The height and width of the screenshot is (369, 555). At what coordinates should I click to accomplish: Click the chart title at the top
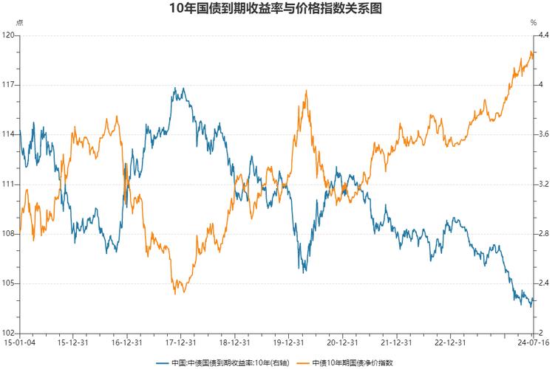click(277, 9)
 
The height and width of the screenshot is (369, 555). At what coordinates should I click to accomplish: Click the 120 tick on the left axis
click(9, 35)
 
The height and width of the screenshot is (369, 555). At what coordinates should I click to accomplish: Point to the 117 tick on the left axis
click(9, 85)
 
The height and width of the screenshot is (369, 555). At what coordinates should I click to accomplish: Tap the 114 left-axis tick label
click(9, 134)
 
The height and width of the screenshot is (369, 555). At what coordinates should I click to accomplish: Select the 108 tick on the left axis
click(9, 234)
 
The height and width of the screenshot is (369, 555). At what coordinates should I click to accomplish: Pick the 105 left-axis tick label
click(9, 283)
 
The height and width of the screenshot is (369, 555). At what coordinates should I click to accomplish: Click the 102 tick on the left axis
click(9, 333)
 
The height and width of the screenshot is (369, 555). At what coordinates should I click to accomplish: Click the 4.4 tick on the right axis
click(543, 35)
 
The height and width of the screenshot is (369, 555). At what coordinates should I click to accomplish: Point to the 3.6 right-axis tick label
click(543, 134)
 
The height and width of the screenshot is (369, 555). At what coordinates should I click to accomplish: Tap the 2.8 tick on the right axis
click(543, 234)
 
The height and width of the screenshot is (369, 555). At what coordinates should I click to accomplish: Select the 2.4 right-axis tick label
click(543, 283)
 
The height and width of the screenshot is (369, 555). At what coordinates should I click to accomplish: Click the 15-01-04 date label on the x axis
click(18, 342)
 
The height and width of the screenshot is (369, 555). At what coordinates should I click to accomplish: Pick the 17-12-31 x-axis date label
click(180, 342)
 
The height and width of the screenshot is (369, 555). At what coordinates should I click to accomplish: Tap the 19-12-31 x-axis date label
click(288, 342)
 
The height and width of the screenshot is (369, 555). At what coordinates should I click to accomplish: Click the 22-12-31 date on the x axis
click(450, 342)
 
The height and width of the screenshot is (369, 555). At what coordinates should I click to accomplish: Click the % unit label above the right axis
click(533, 23)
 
